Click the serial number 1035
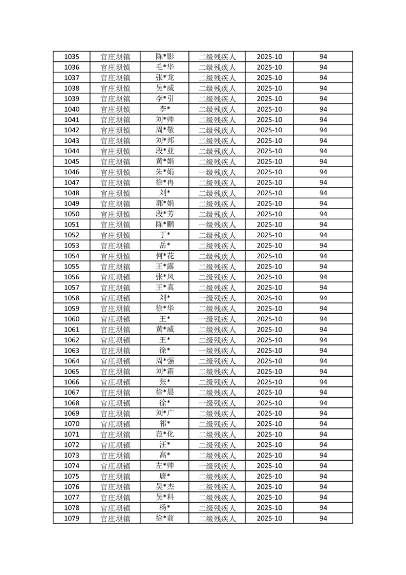pyautogui.click(x=72, y=57)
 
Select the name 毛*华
pyautogui.click(x=164, y=67)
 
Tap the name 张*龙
pyautogui.click(x=164, y=78)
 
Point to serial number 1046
pyautogui.click(x=72, y=172)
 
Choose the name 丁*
pyautogui.click(x=164, y=235)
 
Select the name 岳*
pyautogui.click(x=164, y=245)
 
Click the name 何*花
pyautogui.click(x=164, y=256)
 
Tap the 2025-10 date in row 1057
pyautogui.click(x=269, y=287)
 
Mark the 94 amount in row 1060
pyautogui.click(x=323, y=319)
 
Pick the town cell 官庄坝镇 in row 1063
pyautogui.click(x=115, y=351)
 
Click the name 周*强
pyautogui.click(x=164, y=361)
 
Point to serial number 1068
pyautogui.click(x=72, y=403)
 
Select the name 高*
pyautogui.click(x=164, y=456)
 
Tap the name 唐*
pyautogui.click(x=164, y=477)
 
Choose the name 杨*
pyautogui.click(x=164, y=508)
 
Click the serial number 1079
pyautogui.click(x=72, y=519)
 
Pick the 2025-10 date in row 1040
pyautogui.click(x=269, y=109)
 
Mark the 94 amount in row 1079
pyautogui.click(x=323, y=519)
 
